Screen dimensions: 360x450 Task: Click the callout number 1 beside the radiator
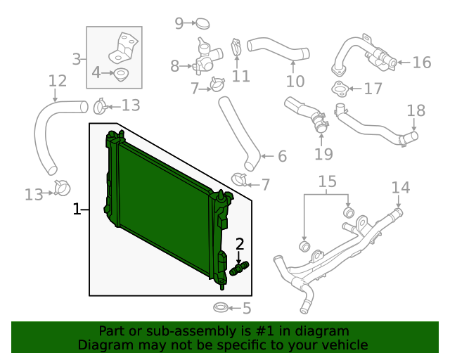click(x=77, y=209)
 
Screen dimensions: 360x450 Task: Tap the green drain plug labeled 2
click(x=240, y=268)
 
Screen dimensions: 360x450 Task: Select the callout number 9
click(x=179, y=24)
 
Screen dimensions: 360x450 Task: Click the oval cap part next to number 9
click(x=202, y=24)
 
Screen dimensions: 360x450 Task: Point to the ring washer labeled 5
click(x=220, y=308)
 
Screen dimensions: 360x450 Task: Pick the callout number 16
click(x=421, y=63)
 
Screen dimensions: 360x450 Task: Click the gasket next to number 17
click(x=340, y=88)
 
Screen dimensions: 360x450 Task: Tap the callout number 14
click(x=400, y=187)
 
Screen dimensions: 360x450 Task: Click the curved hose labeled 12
click(x=45, y=134)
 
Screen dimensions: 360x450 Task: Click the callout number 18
click(x=416, y=110)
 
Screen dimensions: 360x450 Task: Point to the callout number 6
click(x=282, y=156)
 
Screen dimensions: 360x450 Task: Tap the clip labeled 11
click(x=237, y=49)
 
